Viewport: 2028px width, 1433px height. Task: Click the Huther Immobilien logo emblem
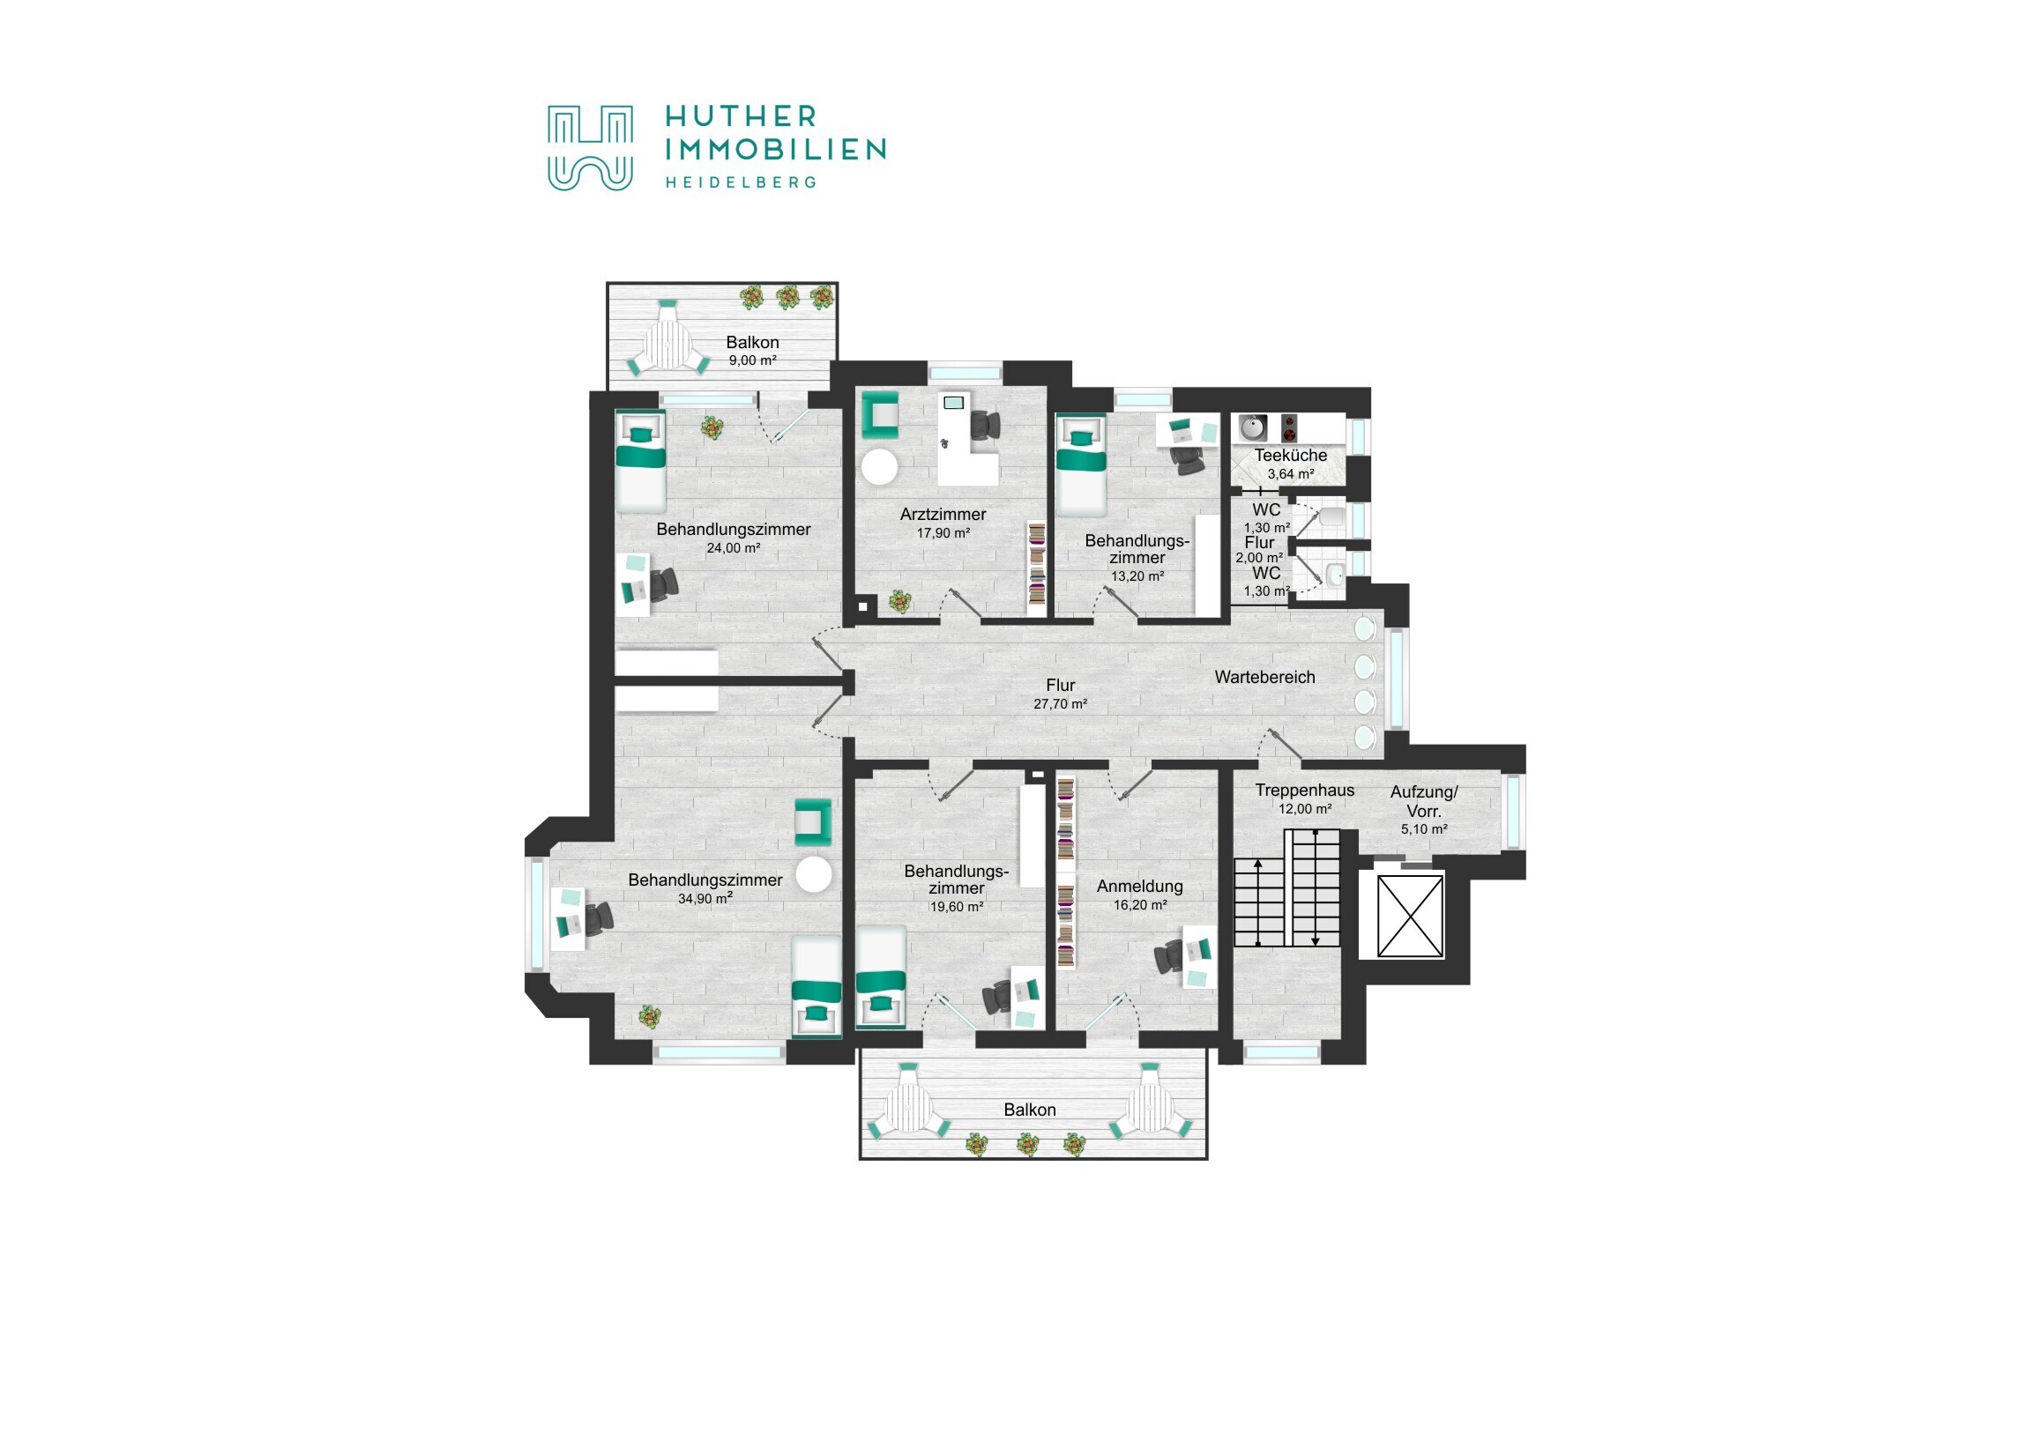(x=590, y=148)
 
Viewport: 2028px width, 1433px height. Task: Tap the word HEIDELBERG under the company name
(x=740, y=182)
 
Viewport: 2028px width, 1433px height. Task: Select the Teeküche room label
(x=1291, y=456)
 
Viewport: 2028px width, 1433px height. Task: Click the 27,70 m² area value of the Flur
(x=1060, y=703)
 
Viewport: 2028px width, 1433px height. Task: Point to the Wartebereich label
(x=1264, y=677)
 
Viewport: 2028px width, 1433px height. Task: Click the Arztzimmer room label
(x=943, y=514)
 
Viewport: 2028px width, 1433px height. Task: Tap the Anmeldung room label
(x=1139, y=887)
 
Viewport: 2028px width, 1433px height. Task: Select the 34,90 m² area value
(x=705, y=899)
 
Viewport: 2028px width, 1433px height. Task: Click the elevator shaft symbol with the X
(x=1411, y=916)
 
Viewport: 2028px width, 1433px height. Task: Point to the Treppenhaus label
(x=1305, y=791)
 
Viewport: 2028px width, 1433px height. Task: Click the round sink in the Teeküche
(x=1252, y=428)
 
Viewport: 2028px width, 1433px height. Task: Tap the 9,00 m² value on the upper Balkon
(x=752, y=360)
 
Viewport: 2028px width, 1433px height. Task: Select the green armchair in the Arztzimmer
(x=880, y=414)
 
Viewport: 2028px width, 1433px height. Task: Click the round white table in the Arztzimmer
(x=880, y=466)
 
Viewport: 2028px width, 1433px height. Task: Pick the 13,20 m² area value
(x=1137, y=575)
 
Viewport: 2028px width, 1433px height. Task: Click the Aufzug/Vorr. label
(x=1424, y=802)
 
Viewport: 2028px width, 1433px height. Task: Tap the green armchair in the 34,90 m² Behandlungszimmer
(x=813, y=822)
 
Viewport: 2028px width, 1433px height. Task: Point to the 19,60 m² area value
(x=956, y=907)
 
